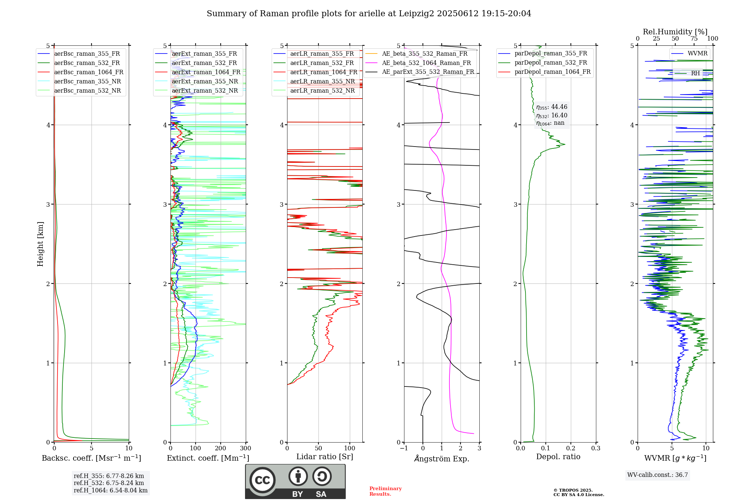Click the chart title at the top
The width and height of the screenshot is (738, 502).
(369, 14)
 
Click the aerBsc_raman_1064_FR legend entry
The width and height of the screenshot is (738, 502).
(89, 72)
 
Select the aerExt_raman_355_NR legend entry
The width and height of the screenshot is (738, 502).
(205, 82)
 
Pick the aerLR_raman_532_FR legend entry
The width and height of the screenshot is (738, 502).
(322, 63)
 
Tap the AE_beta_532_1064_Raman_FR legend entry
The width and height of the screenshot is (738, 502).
(426, 63)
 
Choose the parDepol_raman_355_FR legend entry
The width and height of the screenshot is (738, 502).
(551, 54)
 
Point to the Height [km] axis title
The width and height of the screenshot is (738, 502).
(40, 244)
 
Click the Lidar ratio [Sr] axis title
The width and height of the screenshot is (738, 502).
(325, 457)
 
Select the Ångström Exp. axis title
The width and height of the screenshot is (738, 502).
(442, 459)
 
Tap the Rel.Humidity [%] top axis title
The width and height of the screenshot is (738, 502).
(675, 32)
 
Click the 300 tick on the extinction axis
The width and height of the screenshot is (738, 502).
(245, 448)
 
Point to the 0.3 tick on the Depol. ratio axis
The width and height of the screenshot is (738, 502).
(596, 448)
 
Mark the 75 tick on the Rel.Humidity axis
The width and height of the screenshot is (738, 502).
(694, 39)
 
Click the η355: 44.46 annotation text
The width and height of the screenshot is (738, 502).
(552, 107)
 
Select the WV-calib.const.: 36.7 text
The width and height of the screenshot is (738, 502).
(658, 475)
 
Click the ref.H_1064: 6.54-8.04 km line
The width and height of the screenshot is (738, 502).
(110, 491)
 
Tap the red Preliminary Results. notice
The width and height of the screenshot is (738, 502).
(385, 491)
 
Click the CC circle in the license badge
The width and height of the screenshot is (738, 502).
(262, 480)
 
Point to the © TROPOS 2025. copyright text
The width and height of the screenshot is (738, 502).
(573, 490)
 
